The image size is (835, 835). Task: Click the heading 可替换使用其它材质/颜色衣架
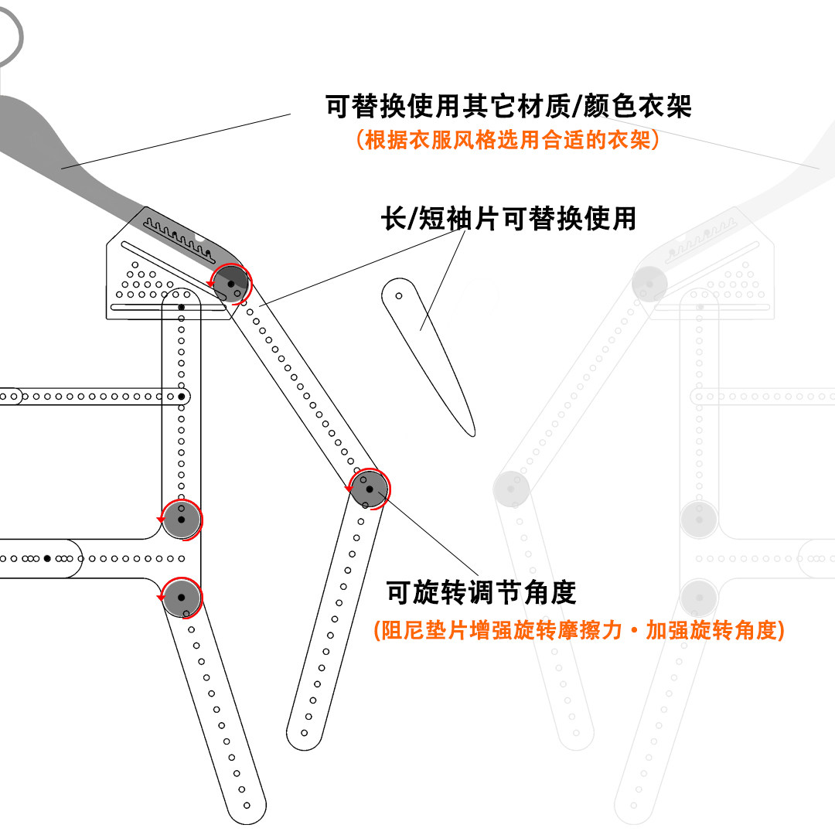pyautogui.click(x=508, y=106)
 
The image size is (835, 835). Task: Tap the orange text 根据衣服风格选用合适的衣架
pyautogui.click(x=508, y=141)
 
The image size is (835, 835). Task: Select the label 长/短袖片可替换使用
pyautogui.click(x=508, y=219)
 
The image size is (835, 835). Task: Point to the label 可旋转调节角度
pyautogui.click(x=481, y=593)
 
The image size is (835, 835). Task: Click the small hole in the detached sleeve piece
pyautogui.click(x=399, y=295)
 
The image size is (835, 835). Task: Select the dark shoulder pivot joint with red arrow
pyautogui.click(x=231, y=285)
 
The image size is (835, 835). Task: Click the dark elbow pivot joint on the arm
pyautogui.click(x=370, y=489)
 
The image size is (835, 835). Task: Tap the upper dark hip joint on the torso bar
pyautogui.click(x=182, y=519)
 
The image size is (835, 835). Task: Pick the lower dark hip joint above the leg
pyautogui.click(x=182, y=597)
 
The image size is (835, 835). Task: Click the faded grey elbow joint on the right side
pyautogui.click(x=511, y=488)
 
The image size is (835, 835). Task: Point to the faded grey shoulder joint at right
pyautogui.click(x=649, y=283)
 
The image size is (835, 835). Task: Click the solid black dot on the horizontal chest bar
pyautogui.click(x=182, y=397)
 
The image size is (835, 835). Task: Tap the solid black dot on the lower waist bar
pyautogui.click(x=48, y=557)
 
